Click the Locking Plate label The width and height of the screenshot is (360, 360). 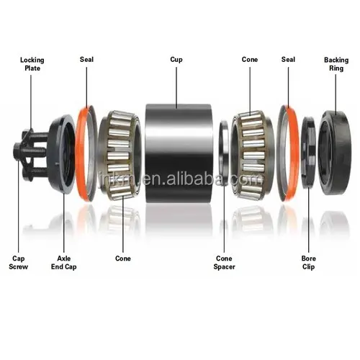[x=32, y=64]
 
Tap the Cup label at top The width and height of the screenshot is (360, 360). [x=176, y=60]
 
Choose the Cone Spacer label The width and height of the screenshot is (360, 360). [x=224, y=262]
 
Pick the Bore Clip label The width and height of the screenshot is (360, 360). [x=309, y=261]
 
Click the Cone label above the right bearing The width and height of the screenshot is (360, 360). [x=250, y=60]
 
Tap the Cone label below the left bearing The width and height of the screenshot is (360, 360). [x=123, y=258]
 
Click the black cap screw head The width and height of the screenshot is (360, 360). [x=19, y=151]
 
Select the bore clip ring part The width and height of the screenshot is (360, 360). [x=308, y=151]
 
